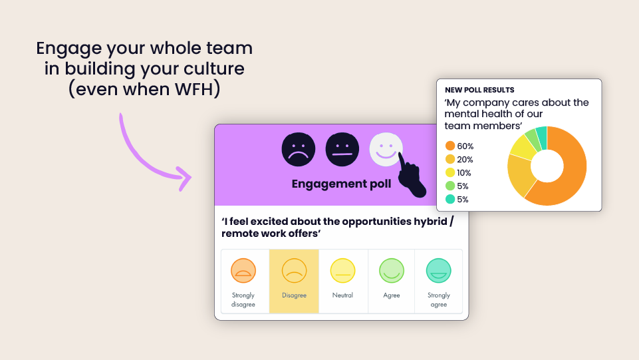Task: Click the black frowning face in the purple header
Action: point(298,149)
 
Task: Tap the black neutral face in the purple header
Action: point(342,149)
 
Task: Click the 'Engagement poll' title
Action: point(341,184)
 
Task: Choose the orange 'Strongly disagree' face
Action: point(243,270)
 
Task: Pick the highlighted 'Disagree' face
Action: point(294,270)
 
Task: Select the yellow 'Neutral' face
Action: point(342,270)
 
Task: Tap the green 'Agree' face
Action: point(392,270)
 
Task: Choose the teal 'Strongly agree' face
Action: point(439,270)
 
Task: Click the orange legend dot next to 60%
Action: point(450,146)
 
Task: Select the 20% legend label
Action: point(465,159)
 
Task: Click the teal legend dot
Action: point(450,199)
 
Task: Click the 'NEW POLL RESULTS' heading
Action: point(479,90)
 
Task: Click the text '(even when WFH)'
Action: point(144,89)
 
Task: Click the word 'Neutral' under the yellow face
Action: point(342,295)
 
